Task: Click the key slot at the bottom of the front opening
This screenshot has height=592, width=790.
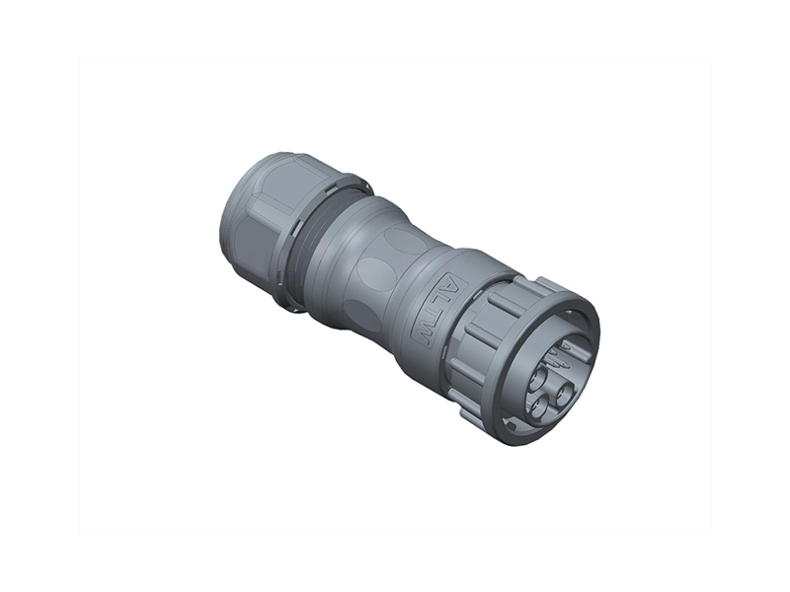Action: [x=516, y=426]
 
